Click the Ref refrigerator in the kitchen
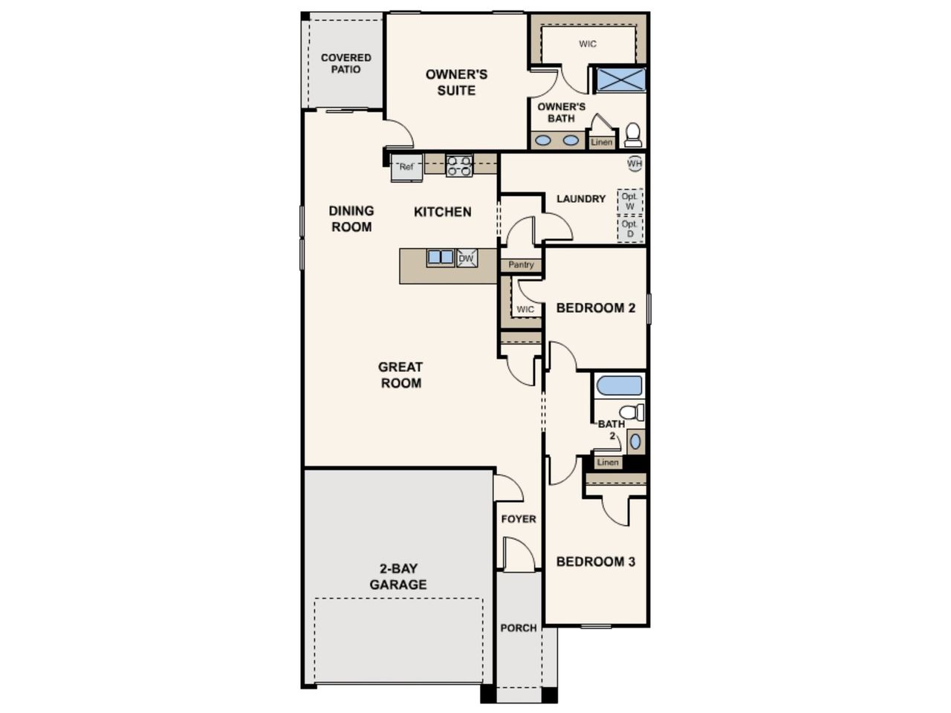pyautogui.click(x=406, y=168)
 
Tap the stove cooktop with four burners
pyautogui.click(x=459, y=166)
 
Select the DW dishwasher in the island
pyautogui.click(x=467, y=258)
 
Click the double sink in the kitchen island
pyautogui.click(x=440, y=258)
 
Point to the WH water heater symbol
pyautogui.click(x=634, y=163)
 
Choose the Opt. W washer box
pyautogui.click(x=629, y=201)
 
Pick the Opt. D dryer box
pyautogui.click(x=629, y=229)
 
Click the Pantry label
pyautogui.click(x=521, y=264)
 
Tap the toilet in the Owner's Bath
pyautogui.click(x=632, y=134)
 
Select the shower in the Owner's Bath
pyautogui.click(x=620, y=79)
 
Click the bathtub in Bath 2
pyautogui.click(x=619, y=385)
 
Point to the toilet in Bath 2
pyautogui.click(x=632, y=412)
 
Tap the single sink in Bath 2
pyautogui.click(x=635, y=442)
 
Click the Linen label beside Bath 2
pyautogui.click(x=608, y=463)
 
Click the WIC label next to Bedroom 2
pyautogui.click(x=525, y=310)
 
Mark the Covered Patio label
pyautogui.click(x=345, y=63)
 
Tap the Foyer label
pyautogui.click(x=519, y=518)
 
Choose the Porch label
pyautogui.click(x=519, y=628)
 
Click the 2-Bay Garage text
pyautogui.click(x=398, y=576)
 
